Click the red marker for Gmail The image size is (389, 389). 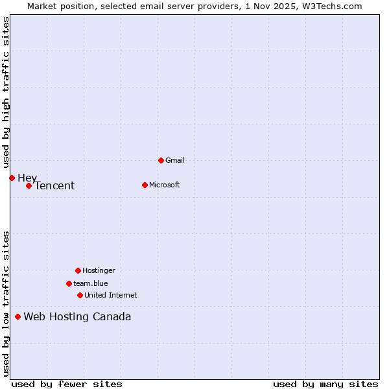[161, 160]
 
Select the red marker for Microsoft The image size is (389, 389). [145, 185]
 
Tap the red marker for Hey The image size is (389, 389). [12, 178]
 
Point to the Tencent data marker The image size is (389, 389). [29, 185]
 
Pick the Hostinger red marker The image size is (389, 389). [78, 270]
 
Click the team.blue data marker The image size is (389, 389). [69, 283]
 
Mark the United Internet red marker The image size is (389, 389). [80, 295]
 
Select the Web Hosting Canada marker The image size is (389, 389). [18, 316]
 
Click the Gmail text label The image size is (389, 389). [175, 160]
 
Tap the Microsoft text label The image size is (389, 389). [165, 185]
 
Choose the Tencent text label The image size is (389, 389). [54, 186]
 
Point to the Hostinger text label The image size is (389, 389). [99, 270]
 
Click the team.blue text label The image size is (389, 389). [91, 283]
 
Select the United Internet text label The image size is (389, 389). [110, 295]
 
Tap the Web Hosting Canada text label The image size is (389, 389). [77, 317]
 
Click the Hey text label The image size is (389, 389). [27, 178]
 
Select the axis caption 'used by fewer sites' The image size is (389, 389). [67, 384]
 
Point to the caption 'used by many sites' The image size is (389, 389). [325, 384]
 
